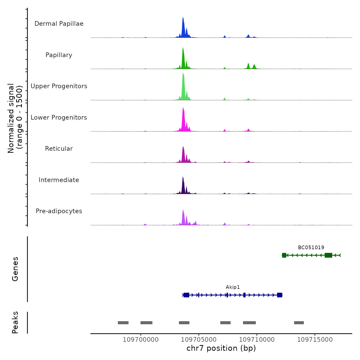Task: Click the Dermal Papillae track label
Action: tap(59, 24)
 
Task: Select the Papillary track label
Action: tap(59, 55)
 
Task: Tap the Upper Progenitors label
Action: tap(59, 86)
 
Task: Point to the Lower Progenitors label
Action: tap(59, 118)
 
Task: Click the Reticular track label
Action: tap(59, 149)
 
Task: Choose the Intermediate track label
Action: tap(59, 180)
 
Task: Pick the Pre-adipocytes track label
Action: tap(59, 211)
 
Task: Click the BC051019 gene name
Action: tap(311, 248)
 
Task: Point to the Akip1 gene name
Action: tap(233, 287)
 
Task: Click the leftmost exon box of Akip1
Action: tap(186, 295)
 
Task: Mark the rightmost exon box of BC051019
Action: tap(328, 255)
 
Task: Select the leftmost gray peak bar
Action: tap(123, 323)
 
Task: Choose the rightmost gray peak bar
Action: tap(299, 323)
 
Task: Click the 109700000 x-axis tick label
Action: tap(141, 340)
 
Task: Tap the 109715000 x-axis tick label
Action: tap(315, 340)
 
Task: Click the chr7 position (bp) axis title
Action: tap(221, 348)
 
